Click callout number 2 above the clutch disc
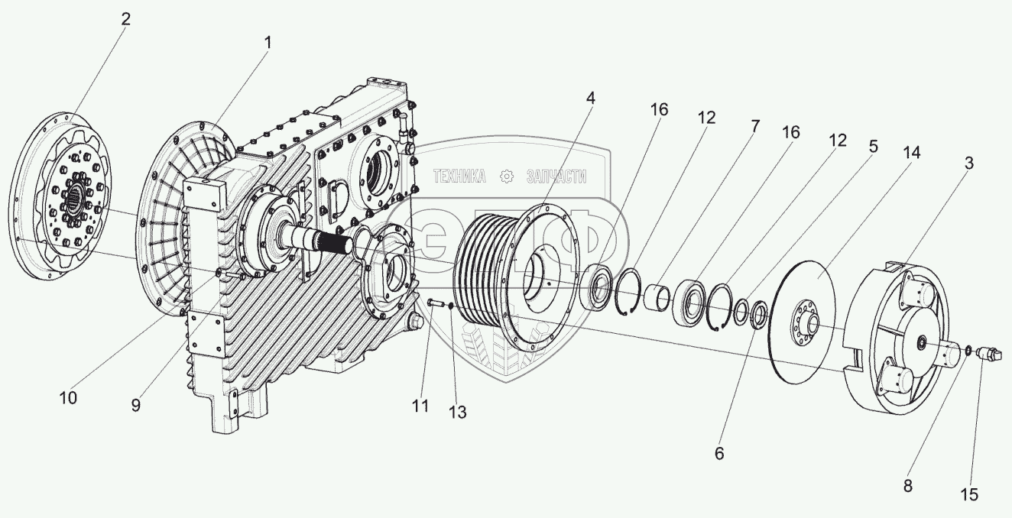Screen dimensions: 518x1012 pyautogui.click(x=125, y=19)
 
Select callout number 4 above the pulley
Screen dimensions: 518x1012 pyautogui.click(x=591, y=98)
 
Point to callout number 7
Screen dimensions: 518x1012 pyautogui.click(x=754, y=126)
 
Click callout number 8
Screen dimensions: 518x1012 pyautogui.click(x=908, y=484)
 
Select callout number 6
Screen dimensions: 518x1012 pyautogui.click(x=718, y=453)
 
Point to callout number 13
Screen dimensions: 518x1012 pyautogui.click(x=458, y=413)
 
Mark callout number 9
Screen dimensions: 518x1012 pyautogui.click(x=135, y=406)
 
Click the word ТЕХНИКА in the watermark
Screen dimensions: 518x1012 pyautogui.click(x=459, y=177)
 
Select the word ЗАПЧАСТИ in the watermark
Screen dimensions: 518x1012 pyautogui.click(x=556, y=177)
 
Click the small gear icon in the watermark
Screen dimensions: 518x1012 pyautogui.click(x=506, y=177)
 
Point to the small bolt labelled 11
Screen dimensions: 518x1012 pyautogui.click(x=435, y=303)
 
